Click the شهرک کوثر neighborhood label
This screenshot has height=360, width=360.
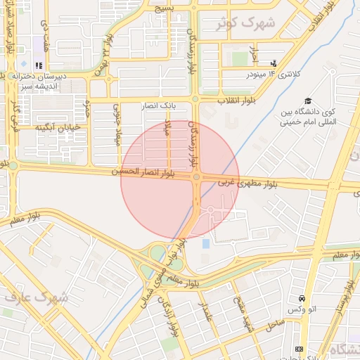pos(246,23)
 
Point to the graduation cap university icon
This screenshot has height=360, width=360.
pos(307,101)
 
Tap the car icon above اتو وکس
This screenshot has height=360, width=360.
pos(302,299)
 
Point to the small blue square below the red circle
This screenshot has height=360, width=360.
pos(205,243)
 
